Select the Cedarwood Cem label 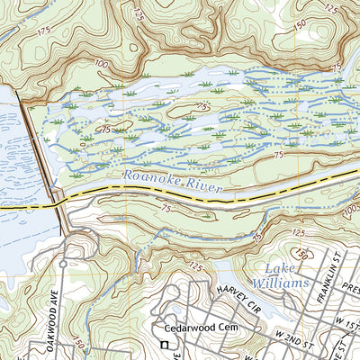click(x=199, y=328)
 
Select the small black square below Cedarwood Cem click(x=165, y=345)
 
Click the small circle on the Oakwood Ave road click(x=63, y=264)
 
